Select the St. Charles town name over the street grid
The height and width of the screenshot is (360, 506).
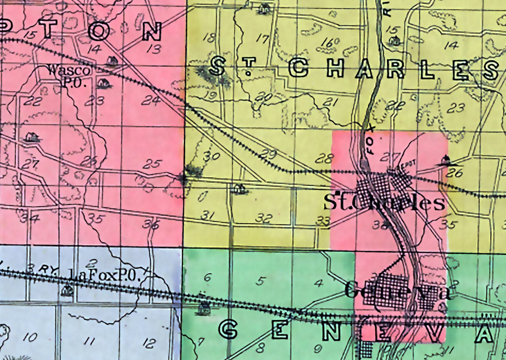click(x=384, y=203)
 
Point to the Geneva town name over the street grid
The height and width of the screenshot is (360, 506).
click(x=398, y=290)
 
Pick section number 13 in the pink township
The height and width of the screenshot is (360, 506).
click(x=154, y=50)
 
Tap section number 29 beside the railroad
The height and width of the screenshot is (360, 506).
click(x=270, y=154)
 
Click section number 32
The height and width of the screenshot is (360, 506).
click(x=265, y=218)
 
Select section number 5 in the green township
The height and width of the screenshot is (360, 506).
click(x=260, y=281)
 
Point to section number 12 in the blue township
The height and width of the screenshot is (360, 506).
click(x=148, y=343)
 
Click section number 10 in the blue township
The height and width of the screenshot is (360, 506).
click(x=30, y=337)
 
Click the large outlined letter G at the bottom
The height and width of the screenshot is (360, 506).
click(x=228, y=330)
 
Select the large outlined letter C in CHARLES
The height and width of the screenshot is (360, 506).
click(x=298, y=68)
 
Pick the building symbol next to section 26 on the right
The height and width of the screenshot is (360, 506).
click(x=446, y=160)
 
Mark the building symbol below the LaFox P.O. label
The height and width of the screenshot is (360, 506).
click(x=67, y=290)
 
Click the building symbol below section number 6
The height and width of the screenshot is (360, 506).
click(x=204, y=308)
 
